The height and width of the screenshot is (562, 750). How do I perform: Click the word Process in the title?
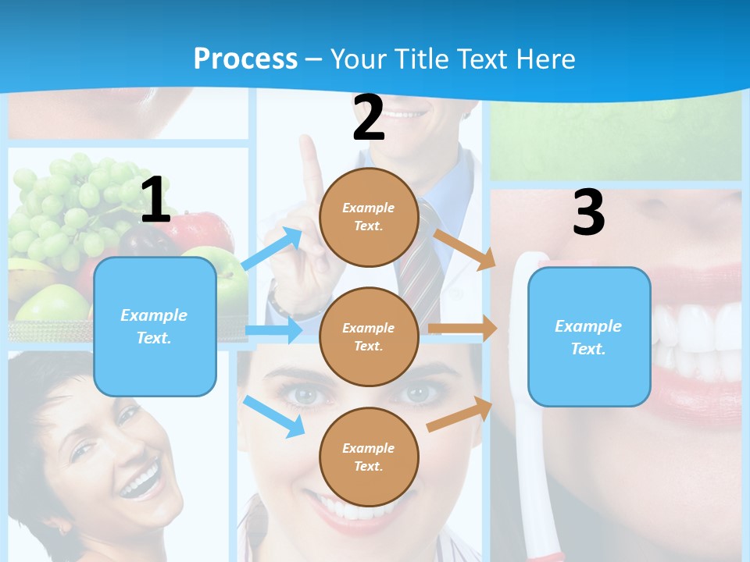pos(245,59)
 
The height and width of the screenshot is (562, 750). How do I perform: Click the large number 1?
pos(155,200)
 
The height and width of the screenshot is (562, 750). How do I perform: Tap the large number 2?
pos(369,118)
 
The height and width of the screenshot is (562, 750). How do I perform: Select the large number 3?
pos(589,212)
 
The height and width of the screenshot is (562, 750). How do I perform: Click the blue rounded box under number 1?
pos(155,326)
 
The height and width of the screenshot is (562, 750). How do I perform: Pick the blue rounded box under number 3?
pos(589,337)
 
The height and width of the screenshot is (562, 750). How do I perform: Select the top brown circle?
pos(369,217)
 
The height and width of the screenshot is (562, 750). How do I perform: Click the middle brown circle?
pos(369,336)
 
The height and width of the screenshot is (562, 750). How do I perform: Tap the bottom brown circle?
pos(369,457)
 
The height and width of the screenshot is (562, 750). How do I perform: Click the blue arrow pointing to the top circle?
pos(273,248)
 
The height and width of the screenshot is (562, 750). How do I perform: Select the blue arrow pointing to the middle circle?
pos(273,331)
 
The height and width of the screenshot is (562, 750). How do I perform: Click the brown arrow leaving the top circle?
pos(463,248)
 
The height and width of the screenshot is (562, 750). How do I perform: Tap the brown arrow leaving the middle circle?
pos(462,329)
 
